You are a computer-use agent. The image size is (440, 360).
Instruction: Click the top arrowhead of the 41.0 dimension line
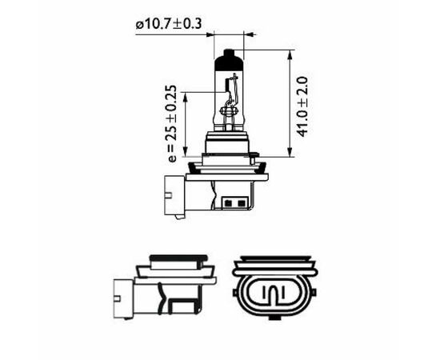(288, 53)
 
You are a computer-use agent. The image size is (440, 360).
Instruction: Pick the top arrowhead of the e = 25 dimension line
(186, 94)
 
